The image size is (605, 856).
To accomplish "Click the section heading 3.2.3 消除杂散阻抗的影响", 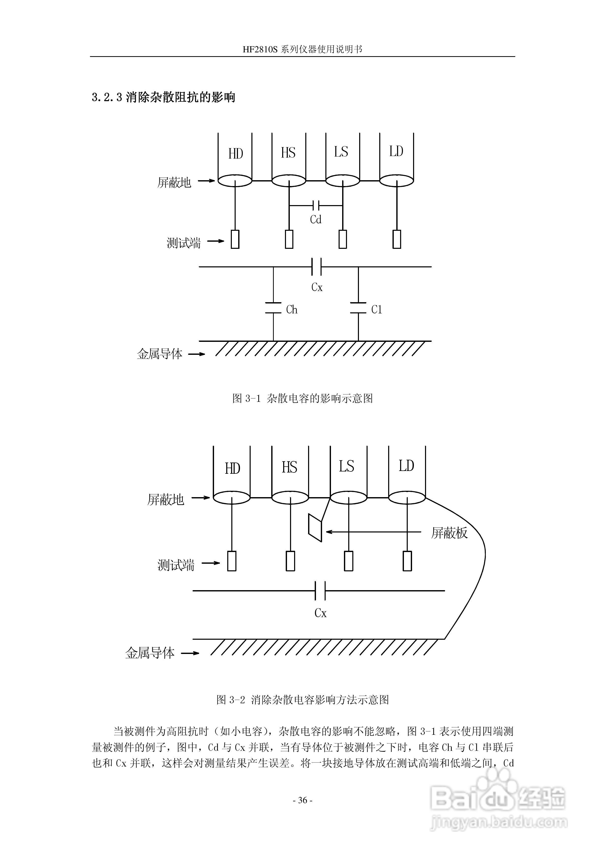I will (x=163, y=97).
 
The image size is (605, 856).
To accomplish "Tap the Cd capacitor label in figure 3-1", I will (x=315, y=220).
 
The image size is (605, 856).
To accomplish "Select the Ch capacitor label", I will (x=292, y=310).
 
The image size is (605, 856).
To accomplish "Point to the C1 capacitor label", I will (x=377, y=310).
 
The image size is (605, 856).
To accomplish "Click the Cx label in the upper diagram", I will (x=317, y=287).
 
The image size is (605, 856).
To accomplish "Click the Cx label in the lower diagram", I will (x=320, y=613).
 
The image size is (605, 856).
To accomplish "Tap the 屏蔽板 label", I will (x=449, y=533).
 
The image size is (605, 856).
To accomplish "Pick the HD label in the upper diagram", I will (x=235, y=154).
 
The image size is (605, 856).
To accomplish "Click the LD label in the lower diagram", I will (x=406, y=466).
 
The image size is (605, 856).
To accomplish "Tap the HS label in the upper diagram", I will (x=288, y=153).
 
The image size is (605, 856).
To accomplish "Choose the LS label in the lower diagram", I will (x=346, y=466).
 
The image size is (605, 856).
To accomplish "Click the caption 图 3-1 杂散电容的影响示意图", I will (x=302, y=399).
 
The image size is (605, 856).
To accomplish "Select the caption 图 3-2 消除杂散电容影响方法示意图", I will (x=302, y=700).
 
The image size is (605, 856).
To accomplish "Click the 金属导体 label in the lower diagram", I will (x=150, y=653).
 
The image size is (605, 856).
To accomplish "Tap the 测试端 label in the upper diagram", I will (x=184, y=243).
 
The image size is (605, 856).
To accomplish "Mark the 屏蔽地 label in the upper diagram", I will (x=174, y=182).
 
